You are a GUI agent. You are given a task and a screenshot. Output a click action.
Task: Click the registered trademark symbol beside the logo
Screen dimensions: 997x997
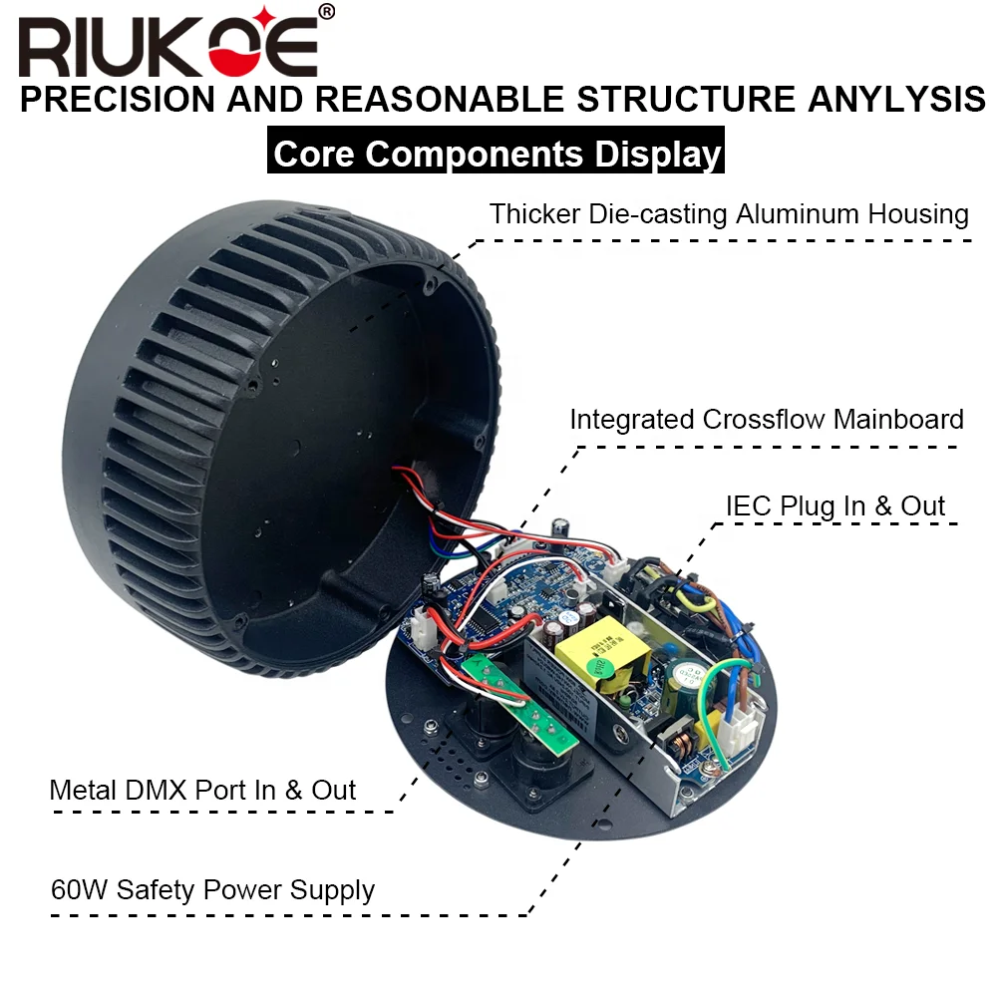(327, 12)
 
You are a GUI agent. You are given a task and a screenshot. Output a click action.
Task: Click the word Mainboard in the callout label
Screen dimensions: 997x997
(899, 419)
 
